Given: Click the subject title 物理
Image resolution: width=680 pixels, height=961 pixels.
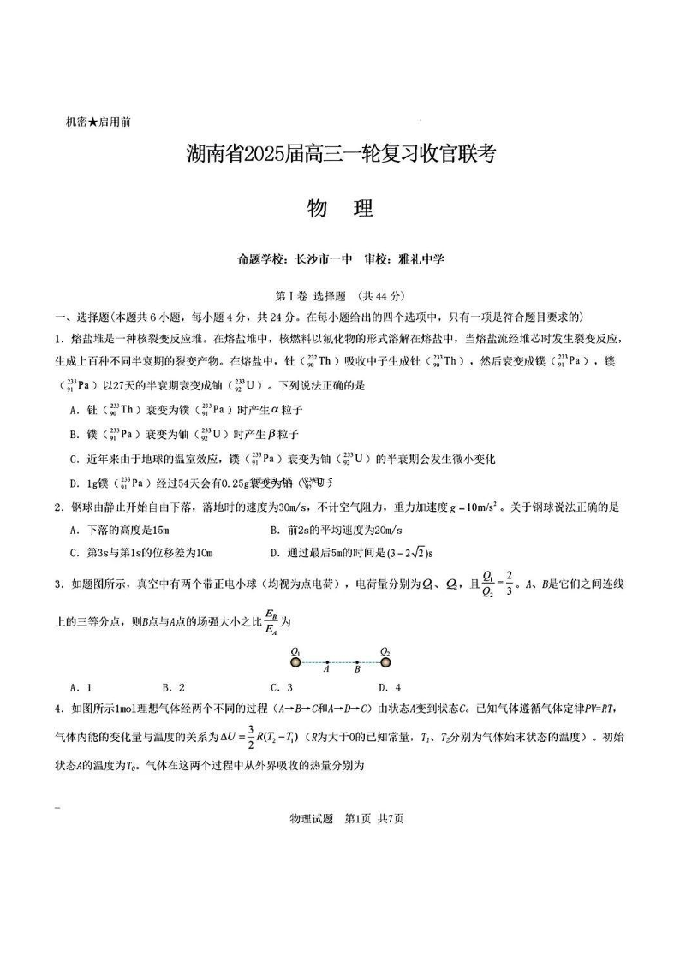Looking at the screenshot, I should click(340, 208).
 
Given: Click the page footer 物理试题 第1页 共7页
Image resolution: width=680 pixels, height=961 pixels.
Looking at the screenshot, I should click(340, 819).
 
